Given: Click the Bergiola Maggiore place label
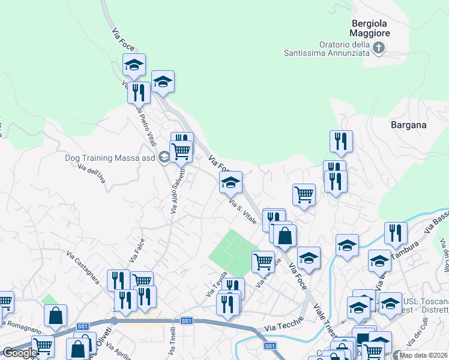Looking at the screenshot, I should click(370, 29).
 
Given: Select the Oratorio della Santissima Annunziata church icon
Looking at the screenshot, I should click(379, 48).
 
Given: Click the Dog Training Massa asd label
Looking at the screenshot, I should click(110, 158).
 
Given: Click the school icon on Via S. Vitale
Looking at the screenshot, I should click(231, 182).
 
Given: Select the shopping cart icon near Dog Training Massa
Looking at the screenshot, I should click(181, 151).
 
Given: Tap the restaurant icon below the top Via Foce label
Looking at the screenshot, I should click(139, 92).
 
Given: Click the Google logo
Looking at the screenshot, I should click(20, 353).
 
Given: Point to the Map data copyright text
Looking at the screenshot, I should click(424, 355).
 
